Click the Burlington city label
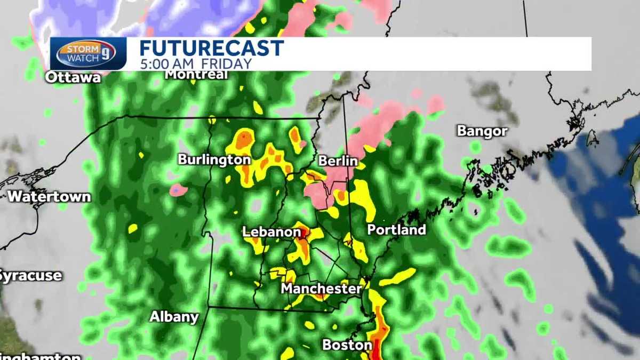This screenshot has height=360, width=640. pos(214,159)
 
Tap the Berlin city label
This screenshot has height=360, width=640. pos(338,161)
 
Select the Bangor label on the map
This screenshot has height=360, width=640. pos(482,131)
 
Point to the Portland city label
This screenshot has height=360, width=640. pos(396,230)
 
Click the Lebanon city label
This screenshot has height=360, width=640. pos(271,232)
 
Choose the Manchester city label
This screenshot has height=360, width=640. pos(321,289)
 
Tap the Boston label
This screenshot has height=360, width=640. pos(347,345)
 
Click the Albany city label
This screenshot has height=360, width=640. pos(174,316)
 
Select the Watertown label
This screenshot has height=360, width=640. pos(49,196)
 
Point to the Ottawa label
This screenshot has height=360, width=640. pos(73,77)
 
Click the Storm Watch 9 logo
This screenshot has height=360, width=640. pos(87,54)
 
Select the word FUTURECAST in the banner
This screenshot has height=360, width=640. pos(211,48)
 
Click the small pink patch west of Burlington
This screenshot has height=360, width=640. pos(178,189)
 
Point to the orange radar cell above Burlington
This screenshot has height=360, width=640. pos(243,140)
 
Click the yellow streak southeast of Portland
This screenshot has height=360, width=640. pos(397,276)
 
